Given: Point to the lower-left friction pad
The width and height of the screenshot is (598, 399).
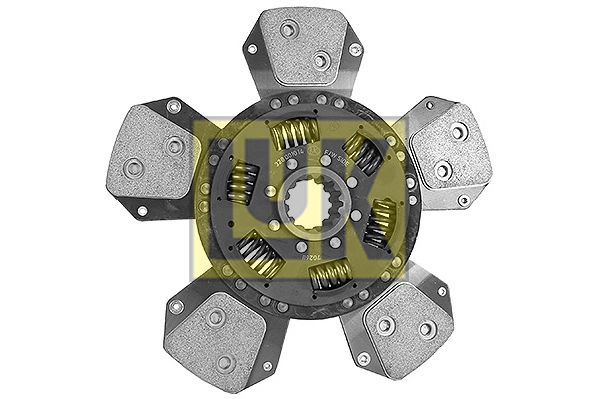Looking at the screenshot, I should tap(215, 335).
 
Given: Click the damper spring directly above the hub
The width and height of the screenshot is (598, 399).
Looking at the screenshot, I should tap(296, 133).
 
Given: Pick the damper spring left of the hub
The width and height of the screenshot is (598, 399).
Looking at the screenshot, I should tap(242, 182).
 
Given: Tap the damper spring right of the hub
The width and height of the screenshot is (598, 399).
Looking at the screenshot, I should tap(380, 221).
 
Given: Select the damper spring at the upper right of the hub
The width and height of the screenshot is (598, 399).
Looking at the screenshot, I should tap(363, 155).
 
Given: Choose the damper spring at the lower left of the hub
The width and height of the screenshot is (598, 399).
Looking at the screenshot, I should tap(259, 253).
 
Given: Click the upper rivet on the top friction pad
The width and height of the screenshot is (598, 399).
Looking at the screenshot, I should tap(288, 30).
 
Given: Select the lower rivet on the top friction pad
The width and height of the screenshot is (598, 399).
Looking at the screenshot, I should tap(319, 61).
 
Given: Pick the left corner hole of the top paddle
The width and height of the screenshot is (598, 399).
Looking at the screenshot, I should tap(252, 48).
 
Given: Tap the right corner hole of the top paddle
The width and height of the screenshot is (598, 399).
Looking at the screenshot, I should tap(354, 48).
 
